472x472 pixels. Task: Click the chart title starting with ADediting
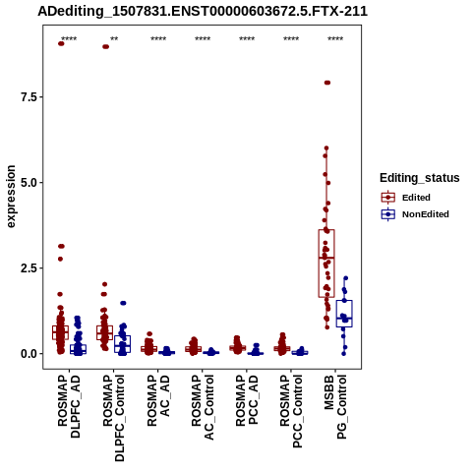coord(203,11)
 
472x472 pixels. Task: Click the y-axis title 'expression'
coord(11,197)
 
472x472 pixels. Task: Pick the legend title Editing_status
coord(420,178)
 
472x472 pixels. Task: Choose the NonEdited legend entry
coord(415,214)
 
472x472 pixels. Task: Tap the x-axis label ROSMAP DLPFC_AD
coord(69,406)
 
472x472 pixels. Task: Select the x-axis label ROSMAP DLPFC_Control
coord(113,418)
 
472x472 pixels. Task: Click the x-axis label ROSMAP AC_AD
coord(158,400)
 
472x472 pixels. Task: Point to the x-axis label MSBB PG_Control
coord(335,407)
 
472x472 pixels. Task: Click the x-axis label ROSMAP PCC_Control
coord(291,412)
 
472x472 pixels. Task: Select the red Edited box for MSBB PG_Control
coord(326,264)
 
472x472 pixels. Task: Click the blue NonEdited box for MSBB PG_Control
coord(344,314)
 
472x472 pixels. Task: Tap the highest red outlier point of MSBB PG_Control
coord(327,83)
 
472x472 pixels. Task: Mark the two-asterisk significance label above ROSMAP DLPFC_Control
coord(114,39)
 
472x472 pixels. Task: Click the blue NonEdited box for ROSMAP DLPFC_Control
coord(123,344)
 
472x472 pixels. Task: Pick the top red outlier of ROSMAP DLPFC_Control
coord(105,46)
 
